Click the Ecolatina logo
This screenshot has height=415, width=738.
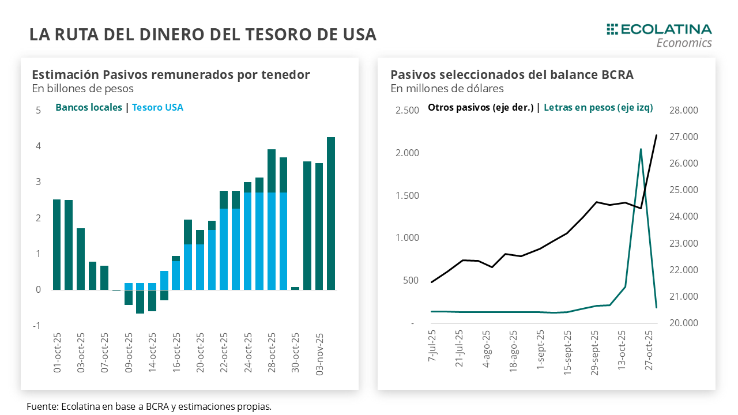659,35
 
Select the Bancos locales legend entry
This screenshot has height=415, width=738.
89,107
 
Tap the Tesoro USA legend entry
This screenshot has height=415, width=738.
157,107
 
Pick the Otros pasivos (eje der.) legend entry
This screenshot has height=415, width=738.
480,107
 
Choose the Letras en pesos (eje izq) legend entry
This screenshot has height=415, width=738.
598,107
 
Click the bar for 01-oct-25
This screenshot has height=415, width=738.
57,244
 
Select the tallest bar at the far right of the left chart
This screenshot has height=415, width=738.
331,213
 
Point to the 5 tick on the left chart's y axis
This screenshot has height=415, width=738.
39,110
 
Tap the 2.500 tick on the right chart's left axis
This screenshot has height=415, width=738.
407,110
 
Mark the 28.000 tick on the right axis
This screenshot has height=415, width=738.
683,110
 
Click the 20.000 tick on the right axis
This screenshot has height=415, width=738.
683,323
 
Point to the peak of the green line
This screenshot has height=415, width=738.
641,149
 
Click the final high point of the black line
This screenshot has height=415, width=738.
656,135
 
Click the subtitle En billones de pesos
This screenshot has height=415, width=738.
82,89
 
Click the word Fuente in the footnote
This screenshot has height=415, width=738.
41,406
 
